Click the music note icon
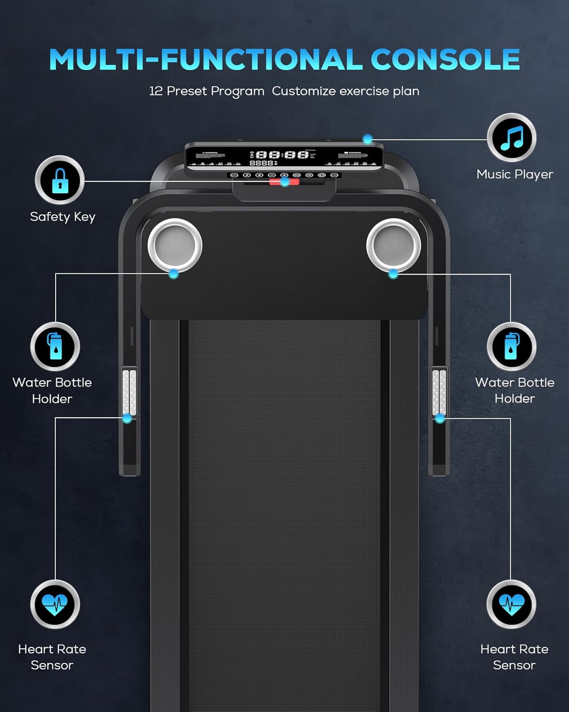(x=512, y=138)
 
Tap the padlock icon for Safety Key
(x=60, y=180)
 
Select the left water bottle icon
(x=55, y=347)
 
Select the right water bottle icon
(x=511, y=347)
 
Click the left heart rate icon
(x=55, y=605)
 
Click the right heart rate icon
(x=511, y=605)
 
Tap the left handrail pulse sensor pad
(x=129, y=392)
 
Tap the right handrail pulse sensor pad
(x=440, y=392)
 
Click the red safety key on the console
(x=284, y=182)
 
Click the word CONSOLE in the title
(x=445, y=60)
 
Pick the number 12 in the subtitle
(x=156, y=91)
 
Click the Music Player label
(x=514, y=174)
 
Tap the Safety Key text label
(x=63, y=217)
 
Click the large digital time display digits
(x=282, y=155)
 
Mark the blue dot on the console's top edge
(x=367, y=139)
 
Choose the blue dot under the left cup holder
(x=174, y=274)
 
